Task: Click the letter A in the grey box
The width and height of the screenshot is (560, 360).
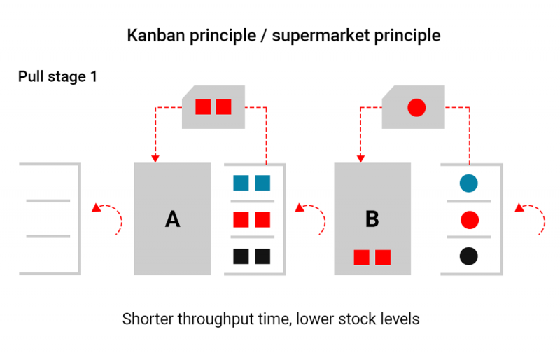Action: (x=172, y=219)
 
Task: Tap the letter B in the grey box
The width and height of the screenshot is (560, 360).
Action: (x=372, y=219)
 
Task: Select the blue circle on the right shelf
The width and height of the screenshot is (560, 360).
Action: (x=468, y=183)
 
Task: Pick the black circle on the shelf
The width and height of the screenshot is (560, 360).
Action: (x=468, y=256)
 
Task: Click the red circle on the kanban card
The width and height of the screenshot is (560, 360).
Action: (x=416, y=107)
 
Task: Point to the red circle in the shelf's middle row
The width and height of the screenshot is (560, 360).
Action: (x=469, y=220)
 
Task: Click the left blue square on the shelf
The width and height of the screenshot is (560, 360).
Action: (x=241, y=183)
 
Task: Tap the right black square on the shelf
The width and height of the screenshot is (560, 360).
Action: (x=262, y=256)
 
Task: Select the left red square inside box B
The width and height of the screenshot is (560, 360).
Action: (x=361, y=258)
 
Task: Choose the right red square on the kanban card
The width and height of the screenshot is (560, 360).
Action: (x=223, y=106)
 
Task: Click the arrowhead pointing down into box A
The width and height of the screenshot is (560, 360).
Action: (x=155, y=159)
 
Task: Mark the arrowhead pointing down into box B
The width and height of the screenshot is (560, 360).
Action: (x=360, y=159)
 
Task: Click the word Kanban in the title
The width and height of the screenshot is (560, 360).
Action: (x=155, y=36)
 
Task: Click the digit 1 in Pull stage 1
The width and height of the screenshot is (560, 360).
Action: (x=94, y=76)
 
